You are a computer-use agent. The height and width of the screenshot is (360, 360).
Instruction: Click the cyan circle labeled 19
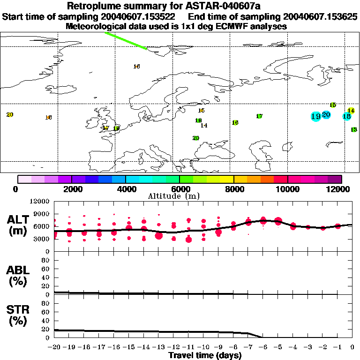(x=315, y=116)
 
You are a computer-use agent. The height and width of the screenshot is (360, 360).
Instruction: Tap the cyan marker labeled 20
(x=326, y=115)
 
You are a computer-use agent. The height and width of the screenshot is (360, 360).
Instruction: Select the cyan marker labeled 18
(x=347, y=116)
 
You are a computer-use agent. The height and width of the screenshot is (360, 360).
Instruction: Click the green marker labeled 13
(x=354, y=129)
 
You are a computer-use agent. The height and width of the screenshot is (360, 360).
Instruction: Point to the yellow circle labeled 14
(x=351, y=111)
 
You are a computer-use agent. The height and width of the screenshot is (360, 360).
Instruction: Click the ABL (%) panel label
(x=19, y=276)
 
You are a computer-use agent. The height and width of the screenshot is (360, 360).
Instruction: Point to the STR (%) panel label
(x=19, y=315)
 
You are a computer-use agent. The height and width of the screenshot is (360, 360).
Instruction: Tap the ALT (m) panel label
(x=19, y=225)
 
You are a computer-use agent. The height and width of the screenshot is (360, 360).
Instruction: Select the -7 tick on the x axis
(x=248, y=347)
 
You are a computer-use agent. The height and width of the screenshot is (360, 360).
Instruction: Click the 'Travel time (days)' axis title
(x=205, y=356)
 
